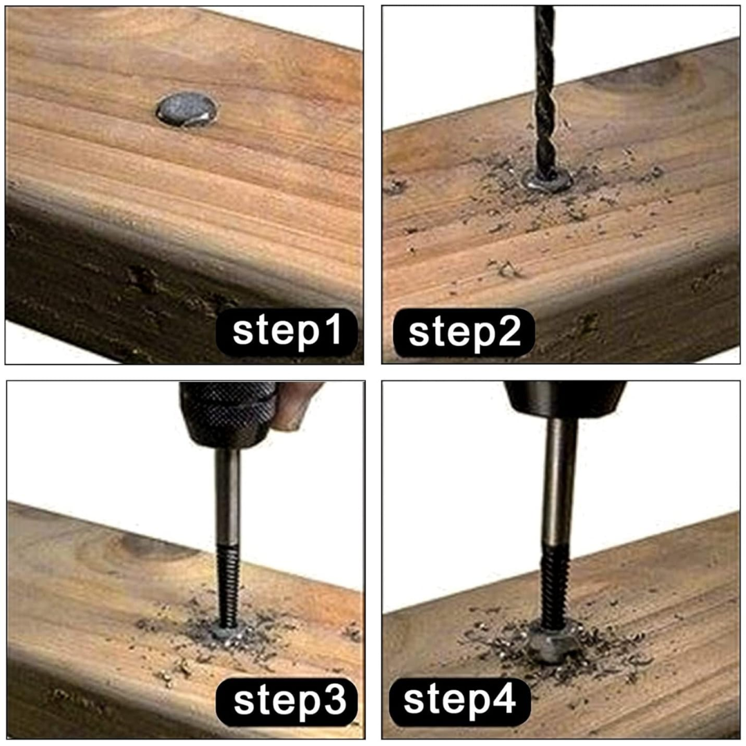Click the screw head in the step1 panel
coord(186,110)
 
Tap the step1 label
coord(287,332)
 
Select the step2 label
coord(464,332)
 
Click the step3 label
coord(287,702)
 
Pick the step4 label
coord(459,701)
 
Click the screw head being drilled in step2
coord(547,180)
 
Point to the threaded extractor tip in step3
coord(227,585)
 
